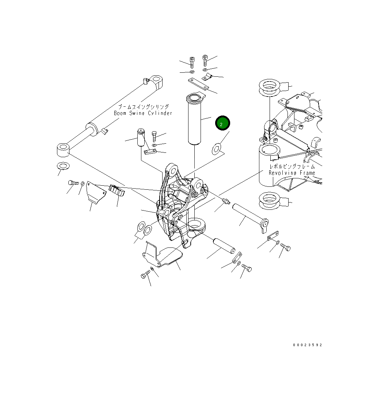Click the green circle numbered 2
(222, 123)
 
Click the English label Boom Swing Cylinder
(143, 113)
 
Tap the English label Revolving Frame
(292, 173)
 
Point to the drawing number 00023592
(307, 345)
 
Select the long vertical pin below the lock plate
(195, 120)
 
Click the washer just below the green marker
(217, 149)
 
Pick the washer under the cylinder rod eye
(63, 166)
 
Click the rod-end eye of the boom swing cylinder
(63, 150)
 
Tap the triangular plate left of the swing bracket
(96, 193)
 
